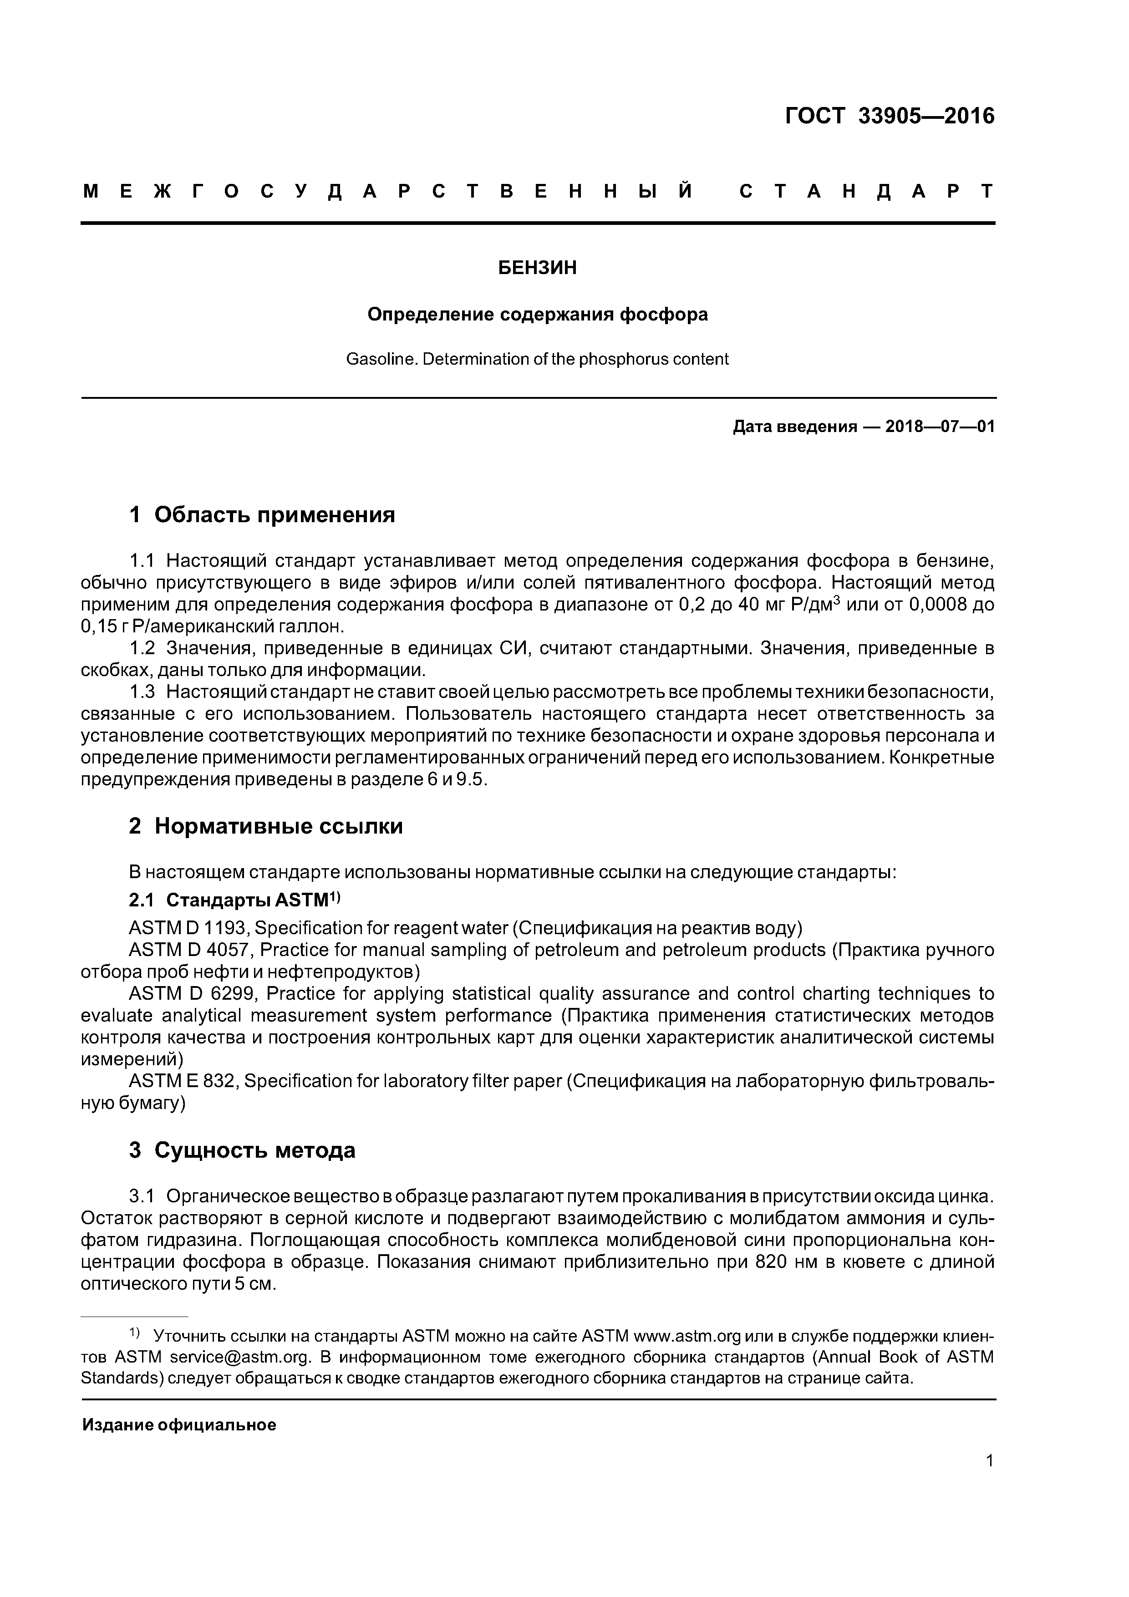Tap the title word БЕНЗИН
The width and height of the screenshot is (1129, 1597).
pyautogui.click(x=538, y=269)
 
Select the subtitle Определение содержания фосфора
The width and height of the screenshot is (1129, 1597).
pyautogui.click(x=538, y=315)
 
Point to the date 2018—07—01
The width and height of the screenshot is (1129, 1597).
pyautogui.click(x=940, y=427)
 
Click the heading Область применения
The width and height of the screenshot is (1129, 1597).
pyautogui.click(x=274, y=515)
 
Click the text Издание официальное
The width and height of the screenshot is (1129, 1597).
pyautogui.click(x=179, y=1425)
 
